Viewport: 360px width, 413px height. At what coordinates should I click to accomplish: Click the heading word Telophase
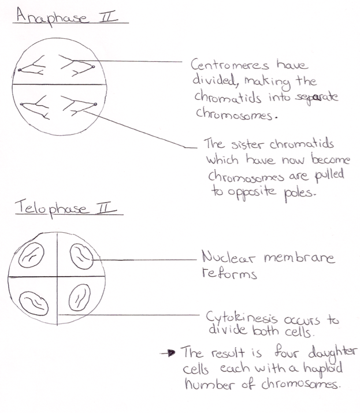click(x=50, y=208)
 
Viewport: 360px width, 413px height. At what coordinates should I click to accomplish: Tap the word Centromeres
click(x=230, y=65)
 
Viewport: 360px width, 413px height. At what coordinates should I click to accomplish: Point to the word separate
click(x=316, y=98)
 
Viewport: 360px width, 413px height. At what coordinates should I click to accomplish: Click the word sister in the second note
click(x=247, y=144)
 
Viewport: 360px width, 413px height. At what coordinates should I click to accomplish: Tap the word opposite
click(x=252, y=192)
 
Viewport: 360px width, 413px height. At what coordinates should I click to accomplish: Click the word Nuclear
click(x=228, y=257)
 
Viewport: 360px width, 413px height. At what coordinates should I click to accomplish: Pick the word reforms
click(x=229, y=273)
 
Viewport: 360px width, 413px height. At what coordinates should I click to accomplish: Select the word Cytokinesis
click(x=242, y=318)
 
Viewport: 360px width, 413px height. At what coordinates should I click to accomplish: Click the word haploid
click(x=323, y=368)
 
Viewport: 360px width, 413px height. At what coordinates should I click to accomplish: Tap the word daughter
click(x=333, y=352)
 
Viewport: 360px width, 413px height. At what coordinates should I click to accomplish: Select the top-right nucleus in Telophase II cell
click(x=81, y=256)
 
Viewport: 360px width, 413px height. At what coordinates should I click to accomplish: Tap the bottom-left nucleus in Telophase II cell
click(x=34, y=303)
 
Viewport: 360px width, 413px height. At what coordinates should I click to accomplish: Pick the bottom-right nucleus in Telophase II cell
click(x=79, y=297)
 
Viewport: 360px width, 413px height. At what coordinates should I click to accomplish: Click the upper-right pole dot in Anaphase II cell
click(x=93, y=67)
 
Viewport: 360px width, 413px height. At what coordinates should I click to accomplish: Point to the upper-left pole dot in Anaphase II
click(x=20, y=70)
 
